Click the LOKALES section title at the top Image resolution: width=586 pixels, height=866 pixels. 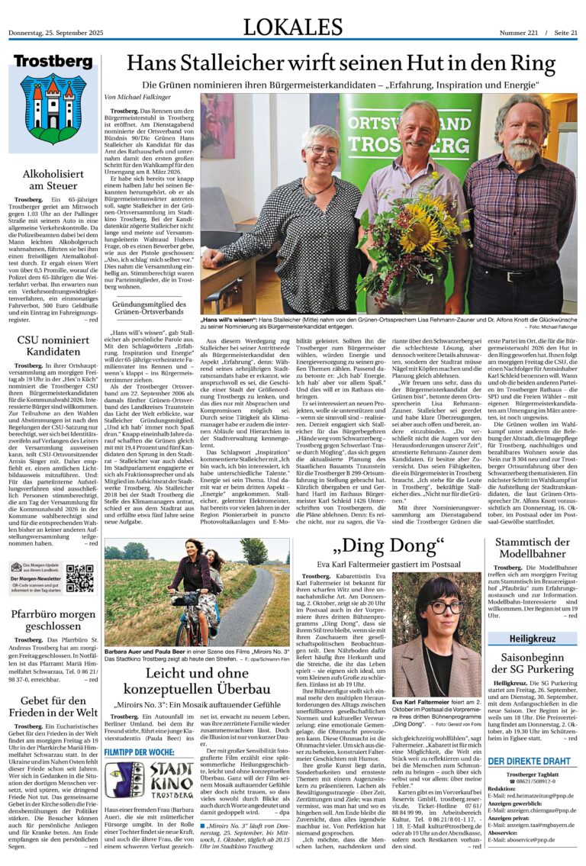[x=293, y=27]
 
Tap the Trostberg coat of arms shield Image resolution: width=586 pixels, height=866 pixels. [x=53, y=108]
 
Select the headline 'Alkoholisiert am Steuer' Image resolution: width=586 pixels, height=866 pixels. [x=53, y=179]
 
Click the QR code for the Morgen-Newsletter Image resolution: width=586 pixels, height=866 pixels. [x=79, y=578]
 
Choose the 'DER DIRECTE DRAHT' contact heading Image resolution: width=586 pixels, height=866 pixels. [x=528, y=761]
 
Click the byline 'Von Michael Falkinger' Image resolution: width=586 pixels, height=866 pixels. [x=137, y=98]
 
